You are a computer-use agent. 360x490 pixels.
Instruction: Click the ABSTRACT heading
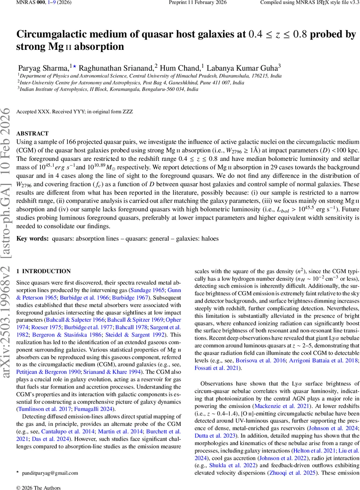point(32,134)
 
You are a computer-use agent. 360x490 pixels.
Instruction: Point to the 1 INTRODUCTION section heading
point(43,271)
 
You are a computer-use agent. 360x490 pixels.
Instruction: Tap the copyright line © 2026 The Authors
point(38,488)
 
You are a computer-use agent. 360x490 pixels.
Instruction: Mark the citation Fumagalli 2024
point(95,409)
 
